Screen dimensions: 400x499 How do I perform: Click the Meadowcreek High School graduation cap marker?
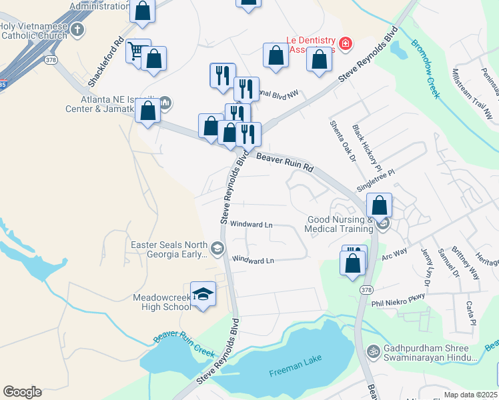click(203, 294)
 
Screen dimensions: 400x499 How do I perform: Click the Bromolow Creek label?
click(425, 69)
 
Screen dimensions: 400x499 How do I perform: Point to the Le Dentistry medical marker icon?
click(346, 45)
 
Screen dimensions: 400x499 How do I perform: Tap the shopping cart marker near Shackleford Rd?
click(137, 50)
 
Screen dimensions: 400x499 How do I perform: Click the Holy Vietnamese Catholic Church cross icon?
click(78, 29)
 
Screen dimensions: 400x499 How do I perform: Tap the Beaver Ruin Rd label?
click(285, 161)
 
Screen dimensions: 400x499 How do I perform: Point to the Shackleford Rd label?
click(106, 61)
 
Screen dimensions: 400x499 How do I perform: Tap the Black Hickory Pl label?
click(367, 147)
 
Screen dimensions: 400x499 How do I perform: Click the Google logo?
click(22, 391)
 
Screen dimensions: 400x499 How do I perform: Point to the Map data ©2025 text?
click(470, 395)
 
